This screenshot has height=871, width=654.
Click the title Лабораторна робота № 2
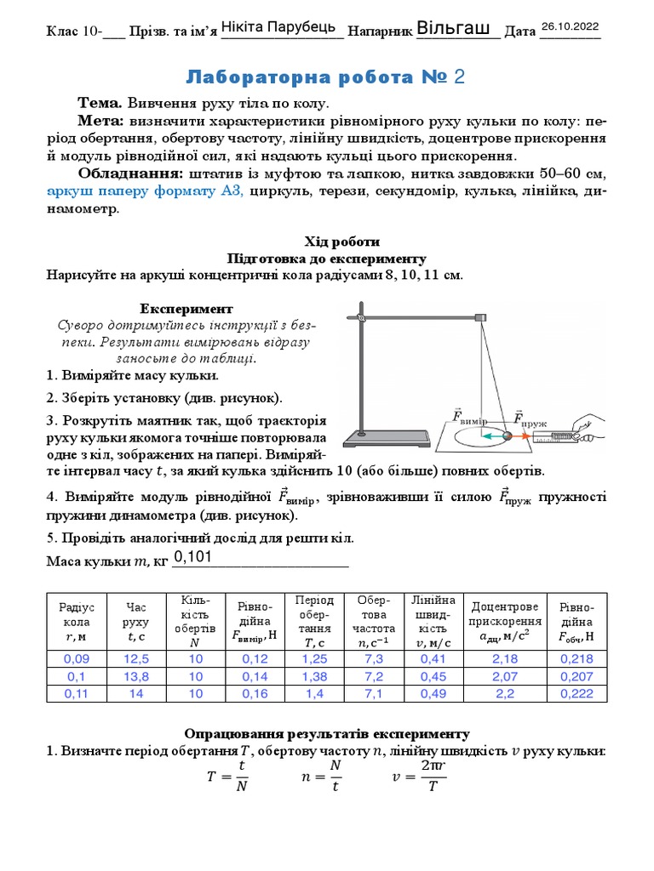pos(326,78)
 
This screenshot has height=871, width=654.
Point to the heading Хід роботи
pos(327,242)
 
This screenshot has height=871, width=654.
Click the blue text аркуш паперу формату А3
pos(145,192)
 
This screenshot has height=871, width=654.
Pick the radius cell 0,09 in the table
pos(77,659)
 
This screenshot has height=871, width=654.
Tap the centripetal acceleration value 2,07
pos(505,676)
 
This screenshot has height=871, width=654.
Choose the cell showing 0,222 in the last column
pos(577,693)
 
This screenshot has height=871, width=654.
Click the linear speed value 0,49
pos(433,693)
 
